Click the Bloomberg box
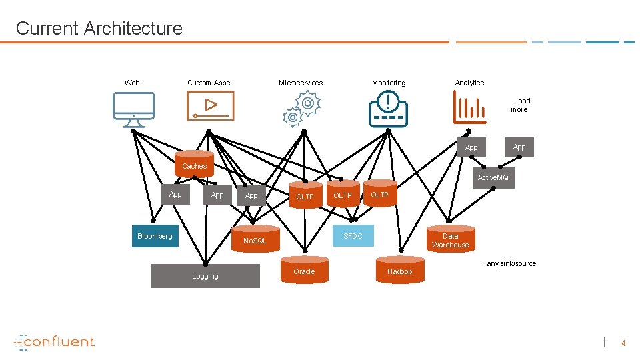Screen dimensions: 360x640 click(x=155, y=236)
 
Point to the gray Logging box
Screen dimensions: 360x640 click(x=205, y=276)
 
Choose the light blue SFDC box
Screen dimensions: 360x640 click(x=353, y=236)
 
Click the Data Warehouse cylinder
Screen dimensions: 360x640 click(x=450, y=240)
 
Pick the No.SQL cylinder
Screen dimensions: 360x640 click(x=255, y=240)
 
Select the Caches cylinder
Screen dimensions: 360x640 click(x=194, y=165)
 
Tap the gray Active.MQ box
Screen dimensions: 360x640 click(x=493, y=177)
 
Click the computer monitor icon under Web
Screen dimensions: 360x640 click(x=133, y=109)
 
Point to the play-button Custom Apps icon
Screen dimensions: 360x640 click(x=210, y=106)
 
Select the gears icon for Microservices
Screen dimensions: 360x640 click(x=301, y=109)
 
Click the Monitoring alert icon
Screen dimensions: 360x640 click(x=388, y=109)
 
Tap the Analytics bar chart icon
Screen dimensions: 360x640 click(x=469, y=107)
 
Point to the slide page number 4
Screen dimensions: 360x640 click(x=623, y=343)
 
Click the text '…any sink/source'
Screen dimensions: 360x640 click(x=507, y=263)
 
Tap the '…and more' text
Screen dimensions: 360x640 click(x=519, y=105)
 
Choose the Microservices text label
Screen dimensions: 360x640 click(x=300, y=83)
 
